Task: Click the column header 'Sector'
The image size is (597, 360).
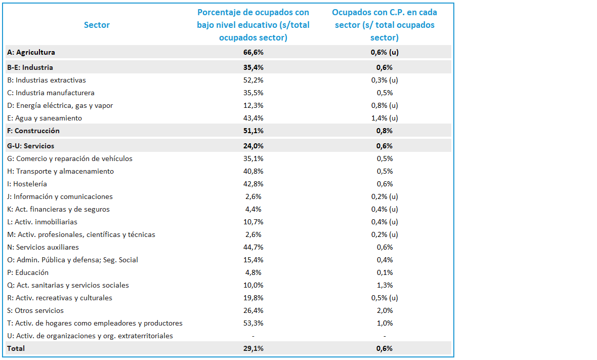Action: [97, 25]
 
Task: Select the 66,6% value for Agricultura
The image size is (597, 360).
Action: [253, 52]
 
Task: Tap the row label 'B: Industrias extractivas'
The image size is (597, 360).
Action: [47, 80]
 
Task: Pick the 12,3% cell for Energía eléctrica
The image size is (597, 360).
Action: [253, 105]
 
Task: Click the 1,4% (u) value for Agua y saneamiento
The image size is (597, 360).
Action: [385, 118]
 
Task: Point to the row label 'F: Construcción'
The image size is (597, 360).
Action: [33, 131]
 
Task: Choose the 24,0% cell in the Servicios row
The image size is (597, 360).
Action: [253, 146]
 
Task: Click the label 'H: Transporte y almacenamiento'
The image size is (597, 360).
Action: [61, 172]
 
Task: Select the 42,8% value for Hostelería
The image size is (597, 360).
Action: [253, 184]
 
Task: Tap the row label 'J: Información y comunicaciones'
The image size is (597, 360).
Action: [60, 196]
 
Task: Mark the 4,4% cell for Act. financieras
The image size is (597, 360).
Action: [253, 209]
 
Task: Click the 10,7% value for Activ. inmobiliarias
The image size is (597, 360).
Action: [253, 222]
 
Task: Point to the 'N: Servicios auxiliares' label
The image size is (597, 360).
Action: [43, 247]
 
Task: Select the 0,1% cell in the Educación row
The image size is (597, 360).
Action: [385, 272]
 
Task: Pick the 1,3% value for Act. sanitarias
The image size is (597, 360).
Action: [385, 285]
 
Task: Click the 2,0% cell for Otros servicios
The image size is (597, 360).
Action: [385, 310]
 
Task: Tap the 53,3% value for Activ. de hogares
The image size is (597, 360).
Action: [253, 323]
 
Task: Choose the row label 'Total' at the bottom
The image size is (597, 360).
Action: [16, 348]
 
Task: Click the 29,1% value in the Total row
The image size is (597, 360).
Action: [253, 348]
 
